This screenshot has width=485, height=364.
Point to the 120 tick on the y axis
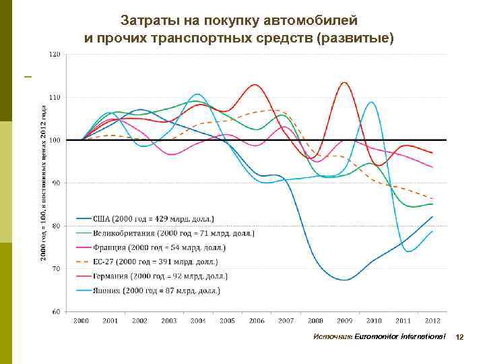click(x=55, y=54)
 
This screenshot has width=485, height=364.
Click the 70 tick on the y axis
click(x=56, y=268)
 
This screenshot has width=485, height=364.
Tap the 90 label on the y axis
click(x=56, y=183)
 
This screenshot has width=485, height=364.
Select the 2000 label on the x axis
click(x=82, y=320)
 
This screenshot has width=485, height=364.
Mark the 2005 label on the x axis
click(x=227, y=320)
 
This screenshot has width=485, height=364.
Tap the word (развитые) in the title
click(x=359, y=37)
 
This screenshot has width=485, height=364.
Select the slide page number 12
click(x=461, y=336)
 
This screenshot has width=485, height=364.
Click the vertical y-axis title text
click(x=42, y=182)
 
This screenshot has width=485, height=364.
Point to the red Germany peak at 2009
click(x=344, y=83)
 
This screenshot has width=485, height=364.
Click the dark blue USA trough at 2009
click(x=344, y=279)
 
